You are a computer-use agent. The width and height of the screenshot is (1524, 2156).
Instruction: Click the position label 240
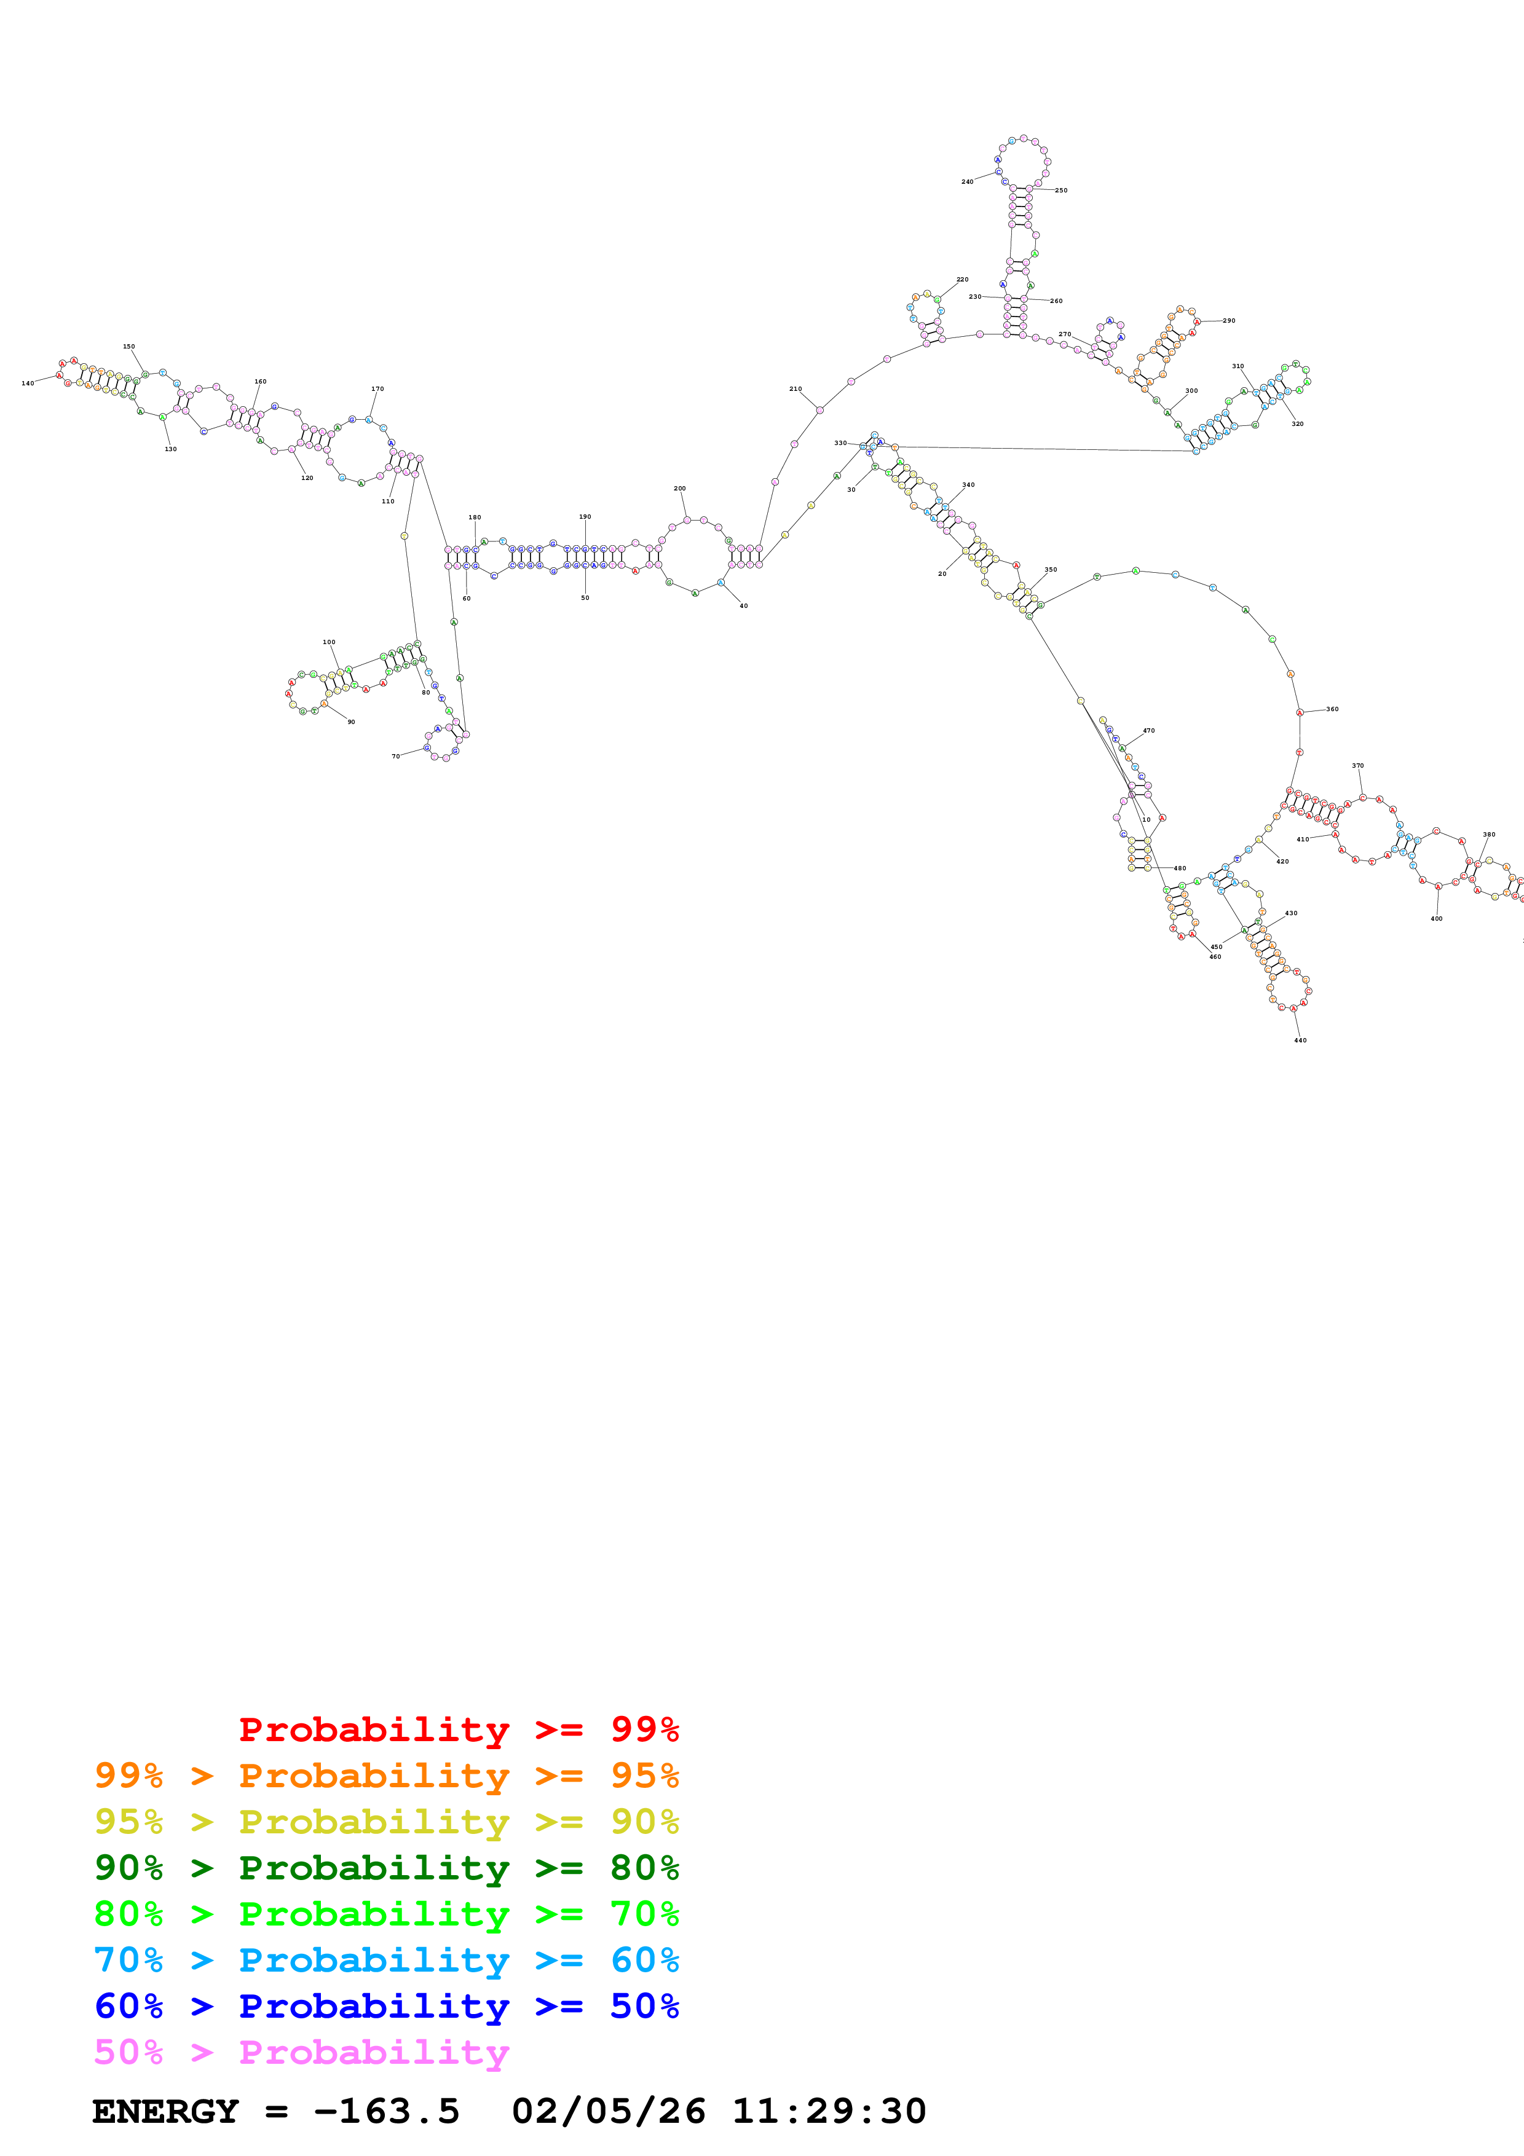[967, 182]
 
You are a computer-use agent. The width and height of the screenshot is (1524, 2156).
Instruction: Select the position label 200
[680, 488]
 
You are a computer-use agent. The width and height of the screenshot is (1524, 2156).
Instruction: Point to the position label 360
[1332, 709]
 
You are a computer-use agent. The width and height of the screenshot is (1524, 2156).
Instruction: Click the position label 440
[1300, 1041]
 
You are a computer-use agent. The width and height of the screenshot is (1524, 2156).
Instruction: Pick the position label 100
[329, 642]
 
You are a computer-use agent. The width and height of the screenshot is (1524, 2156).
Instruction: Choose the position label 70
[395, 756]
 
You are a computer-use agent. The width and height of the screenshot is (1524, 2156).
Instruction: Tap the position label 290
[1229, 320]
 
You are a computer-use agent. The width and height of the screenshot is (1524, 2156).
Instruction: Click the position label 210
[796, 389]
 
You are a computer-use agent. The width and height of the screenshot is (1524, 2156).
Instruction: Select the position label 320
[1298, 423]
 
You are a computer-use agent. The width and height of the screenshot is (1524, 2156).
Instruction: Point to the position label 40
[744, 605]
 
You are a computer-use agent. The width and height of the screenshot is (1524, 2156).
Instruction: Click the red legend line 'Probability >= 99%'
[458, 1729]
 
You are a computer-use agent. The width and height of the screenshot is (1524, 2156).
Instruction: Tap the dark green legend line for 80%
[386, 1868]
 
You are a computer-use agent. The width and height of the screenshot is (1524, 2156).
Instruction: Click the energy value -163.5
[386, 2111]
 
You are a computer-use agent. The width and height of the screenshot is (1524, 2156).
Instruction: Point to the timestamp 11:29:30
[829, 2111]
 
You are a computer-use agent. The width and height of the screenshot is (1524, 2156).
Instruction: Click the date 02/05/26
[609, 2111]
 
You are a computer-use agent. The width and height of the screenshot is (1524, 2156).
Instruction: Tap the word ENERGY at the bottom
[165, 2111]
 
